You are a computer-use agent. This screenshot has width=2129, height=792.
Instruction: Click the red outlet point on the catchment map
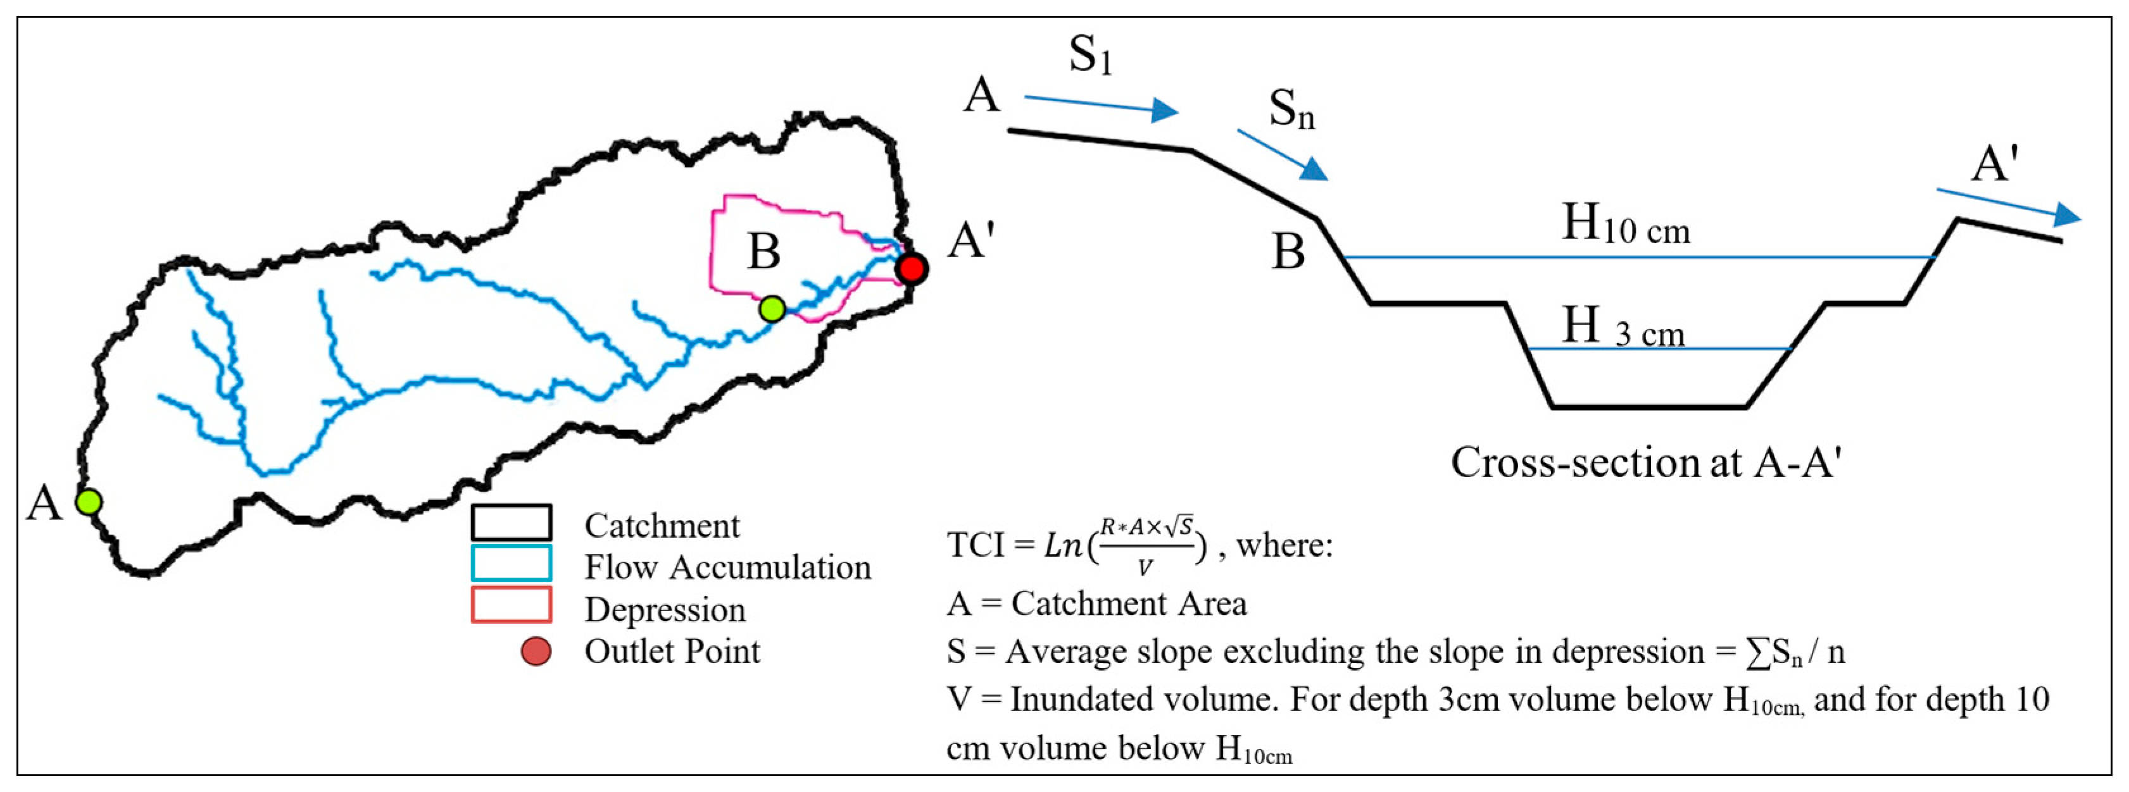coord(912,268)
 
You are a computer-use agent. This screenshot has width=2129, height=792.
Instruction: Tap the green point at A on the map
coord(89,501)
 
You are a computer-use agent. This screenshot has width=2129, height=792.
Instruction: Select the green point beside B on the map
coord(772,309)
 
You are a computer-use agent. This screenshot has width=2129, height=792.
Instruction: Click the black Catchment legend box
coord(511,523)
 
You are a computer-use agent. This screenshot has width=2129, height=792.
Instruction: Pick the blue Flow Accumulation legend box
coord(511,563)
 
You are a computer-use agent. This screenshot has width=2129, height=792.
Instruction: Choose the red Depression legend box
coord(511,605)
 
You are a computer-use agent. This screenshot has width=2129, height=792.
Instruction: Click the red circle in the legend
coord(536,652)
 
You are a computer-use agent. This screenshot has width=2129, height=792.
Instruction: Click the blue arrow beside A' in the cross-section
coord(2008,206)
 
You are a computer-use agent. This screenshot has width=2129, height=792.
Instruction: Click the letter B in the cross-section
coord(1288,252)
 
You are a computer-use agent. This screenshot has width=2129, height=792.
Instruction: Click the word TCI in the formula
coord(976,546)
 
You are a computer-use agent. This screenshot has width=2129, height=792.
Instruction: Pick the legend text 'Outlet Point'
coord(672,652)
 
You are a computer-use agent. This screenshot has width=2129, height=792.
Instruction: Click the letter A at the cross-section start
coord(982,96)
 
